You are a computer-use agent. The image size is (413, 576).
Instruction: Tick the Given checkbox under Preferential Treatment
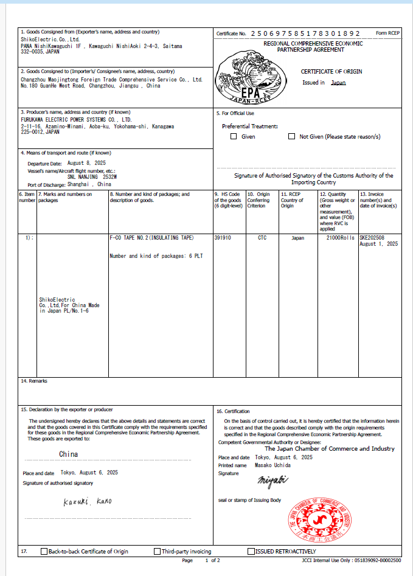tap(234, 136)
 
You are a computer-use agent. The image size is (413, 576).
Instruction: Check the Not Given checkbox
tap(291, 136)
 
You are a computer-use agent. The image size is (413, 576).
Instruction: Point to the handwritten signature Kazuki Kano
tap(88, 502)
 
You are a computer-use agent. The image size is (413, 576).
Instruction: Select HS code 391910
tap(223, 238)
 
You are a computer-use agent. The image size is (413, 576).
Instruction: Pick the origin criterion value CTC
tap(263, 238)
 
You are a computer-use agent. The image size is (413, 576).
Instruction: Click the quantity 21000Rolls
tap(340, 238)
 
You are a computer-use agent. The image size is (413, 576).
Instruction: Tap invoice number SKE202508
tap(372, 238)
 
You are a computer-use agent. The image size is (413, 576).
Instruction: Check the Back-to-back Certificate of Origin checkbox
tap(44, 552)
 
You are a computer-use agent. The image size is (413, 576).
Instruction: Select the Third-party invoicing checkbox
tap(158, 552)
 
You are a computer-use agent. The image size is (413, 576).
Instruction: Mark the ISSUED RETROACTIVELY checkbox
tap(251, 552)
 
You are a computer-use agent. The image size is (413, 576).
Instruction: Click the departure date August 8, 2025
tap(86, 163)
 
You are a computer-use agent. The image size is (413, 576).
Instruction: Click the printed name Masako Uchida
tap(272, 465)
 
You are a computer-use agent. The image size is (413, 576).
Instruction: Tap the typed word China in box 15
tap(68, 454)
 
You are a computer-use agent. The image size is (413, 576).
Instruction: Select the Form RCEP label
tap(390, 33)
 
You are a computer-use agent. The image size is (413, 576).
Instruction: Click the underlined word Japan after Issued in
tap(338, 83)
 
